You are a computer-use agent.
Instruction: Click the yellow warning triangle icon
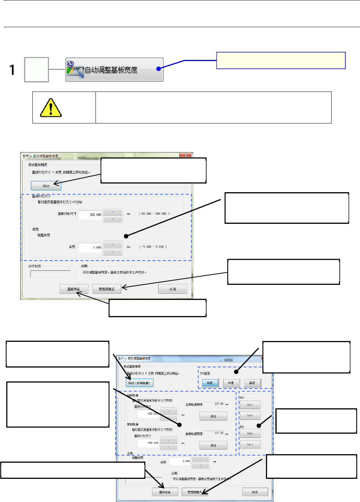(50, 107)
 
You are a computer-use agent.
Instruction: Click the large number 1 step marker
(12, 70)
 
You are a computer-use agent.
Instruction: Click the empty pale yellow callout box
(281, 61)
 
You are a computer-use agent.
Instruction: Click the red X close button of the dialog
(186, 155)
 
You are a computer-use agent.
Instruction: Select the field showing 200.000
(90, 214)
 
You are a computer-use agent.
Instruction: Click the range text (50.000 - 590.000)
(154, 214)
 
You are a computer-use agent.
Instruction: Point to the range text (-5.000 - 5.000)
(153, 247)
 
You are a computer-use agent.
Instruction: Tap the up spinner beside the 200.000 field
(113, 212)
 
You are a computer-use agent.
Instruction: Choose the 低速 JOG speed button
(210, 383)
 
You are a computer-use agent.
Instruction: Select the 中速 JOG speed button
(231, 383)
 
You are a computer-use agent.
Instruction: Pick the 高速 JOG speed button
(252, 383)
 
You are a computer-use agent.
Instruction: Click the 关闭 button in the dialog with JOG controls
(255, 492)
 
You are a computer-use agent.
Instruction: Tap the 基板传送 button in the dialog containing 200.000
(73, 289)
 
